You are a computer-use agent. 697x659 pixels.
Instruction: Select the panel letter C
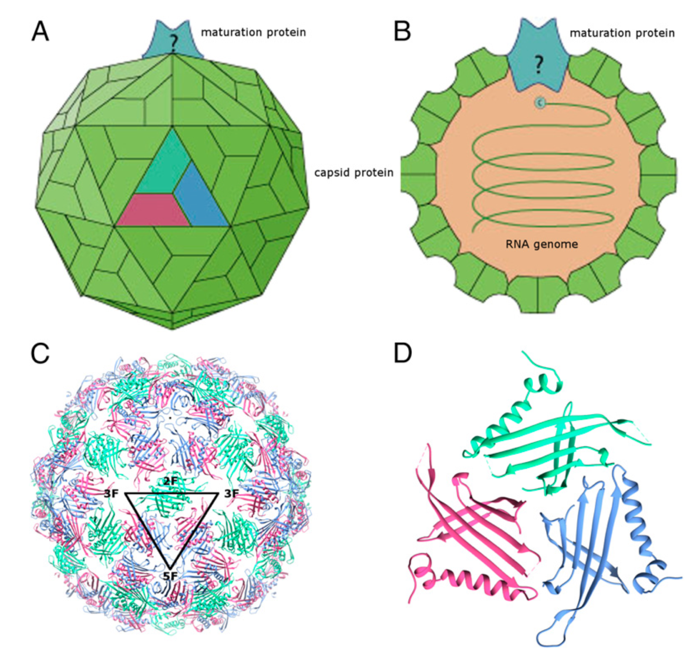(x=40, y=354)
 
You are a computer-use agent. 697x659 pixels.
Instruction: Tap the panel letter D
(x=402, y=354)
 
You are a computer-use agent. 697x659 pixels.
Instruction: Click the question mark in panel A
(x=174, y=43)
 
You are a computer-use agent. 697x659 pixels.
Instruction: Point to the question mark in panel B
(x=539, y=64)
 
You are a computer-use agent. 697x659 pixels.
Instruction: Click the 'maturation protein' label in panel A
(x=253, y=32)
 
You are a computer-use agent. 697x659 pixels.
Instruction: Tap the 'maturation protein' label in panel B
(x=622, y=33)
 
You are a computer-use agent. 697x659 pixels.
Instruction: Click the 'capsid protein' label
(x=353, y=173)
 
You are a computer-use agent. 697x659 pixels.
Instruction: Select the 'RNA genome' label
(x=542, y=244)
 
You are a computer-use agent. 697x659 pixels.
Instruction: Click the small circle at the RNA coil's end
(x=540, y=103)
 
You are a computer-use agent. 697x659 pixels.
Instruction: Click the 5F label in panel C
(x=170, y=576)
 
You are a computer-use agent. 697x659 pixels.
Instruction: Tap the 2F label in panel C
(x=170, y=481)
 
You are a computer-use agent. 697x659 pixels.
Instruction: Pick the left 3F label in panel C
(x=111, y=494)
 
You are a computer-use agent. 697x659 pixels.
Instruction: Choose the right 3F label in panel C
(x=231, y=494)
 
